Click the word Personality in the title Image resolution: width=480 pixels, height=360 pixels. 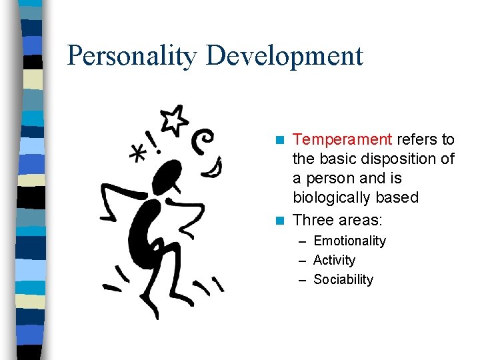133,56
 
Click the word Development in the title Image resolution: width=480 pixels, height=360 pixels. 285,56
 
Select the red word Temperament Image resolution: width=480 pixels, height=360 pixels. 342,140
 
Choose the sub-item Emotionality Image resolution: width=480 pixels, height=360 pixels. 349,241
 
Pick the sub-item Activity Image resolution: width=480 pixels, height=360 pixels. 334,260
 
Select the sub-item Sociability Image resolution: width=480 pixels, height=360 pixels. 343,279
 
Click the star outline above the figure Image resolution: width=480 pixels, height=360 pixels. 175,118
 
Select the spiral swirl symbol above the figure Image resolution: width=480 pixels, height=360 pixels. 203,140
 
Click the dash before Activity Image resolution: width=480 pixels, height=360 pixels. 303,260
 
